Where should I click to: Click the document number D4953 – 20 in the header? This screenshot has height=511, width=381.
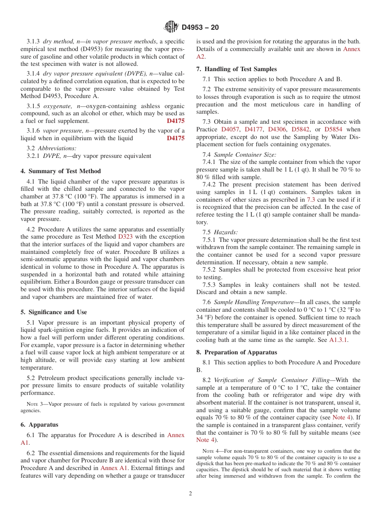pos(200,27)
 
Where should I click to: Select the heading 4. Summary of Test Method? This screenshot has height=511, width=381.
pos(61,171)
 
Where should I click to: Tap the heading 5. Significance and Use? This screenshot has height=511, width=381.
pos(53,312)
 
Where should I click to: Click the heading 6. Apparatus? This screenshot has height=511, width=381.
pos(39,425)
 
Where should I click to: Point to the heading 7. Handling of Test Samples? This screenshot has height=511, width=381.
pos(237,69)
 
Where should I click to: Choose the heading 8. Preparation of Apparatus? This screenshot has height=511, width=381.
pos(237,352)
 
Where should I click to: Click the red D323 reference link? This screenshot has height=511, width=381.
pos(125,237)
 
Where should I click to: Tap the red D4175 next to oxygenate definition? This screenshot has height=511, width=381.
pos(175,121)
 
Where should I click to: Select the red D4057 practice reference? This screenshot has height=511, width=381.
pos(231,129)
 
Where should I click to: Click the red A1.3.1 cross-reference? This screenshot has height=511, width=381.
pos(338,340)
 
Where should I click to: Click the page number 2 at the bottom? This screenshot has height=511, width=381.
pos(190,494)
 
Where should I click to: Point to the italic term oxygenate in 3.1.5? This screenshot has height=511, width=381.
pos(56,106)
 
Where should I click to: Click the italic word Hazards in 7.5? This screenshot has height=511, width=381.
pos(225,232)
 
